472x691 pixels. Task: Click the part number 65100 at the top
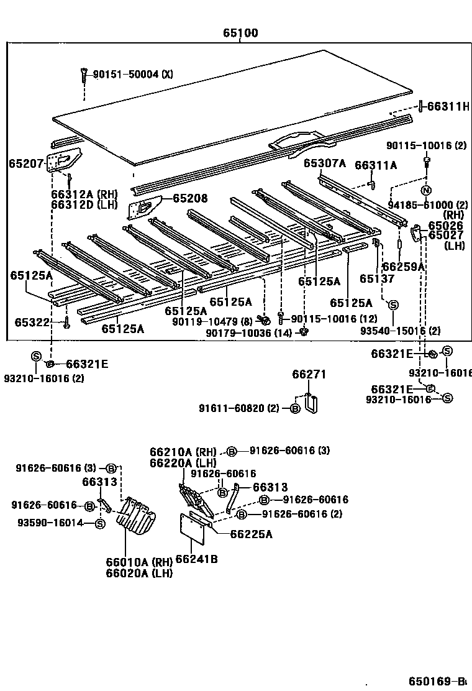[241, 33]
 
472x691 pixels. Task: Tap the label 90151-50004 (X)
[133, 75]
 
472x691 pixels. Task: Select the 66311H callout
[447, 107]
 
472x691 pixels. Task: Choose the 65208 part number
[190, 199]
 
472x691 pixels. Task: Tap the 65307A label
[324, 163]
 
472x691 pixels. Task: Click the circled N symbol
[426, 190]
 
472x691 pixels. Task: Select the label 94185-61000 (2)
[429, 205]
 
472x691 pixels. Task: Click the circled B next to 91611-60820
[296, 408]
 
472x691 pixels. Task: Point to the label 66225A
[251, 534]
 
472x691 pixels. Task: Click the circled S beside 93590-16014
[100, 524]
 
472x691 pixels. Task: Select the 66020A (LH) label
[138, 574]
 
